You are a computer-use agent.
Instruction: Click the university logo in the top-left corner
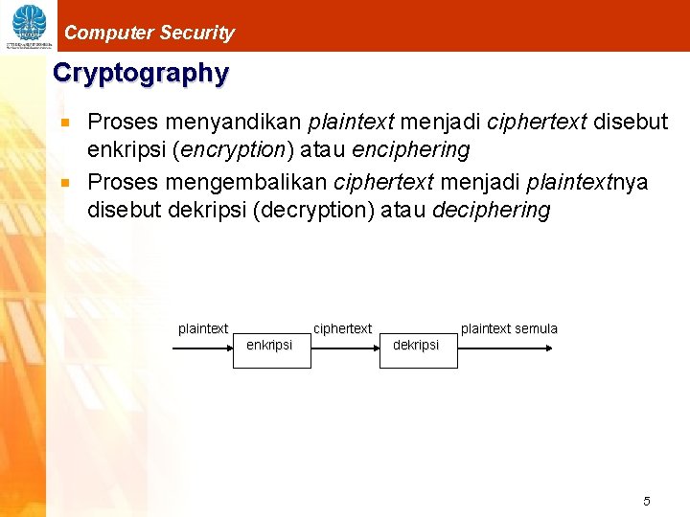coord(28,26)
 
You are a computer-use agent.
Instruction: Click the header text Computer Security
coord(149,33)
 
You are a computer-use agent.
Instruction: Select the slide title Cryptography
coord(141,74)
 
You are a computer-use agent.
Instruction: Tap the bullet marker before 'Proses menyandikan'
coord(66,123)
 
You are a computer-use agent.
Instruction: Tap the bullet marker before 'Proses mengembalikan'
coord(66,183)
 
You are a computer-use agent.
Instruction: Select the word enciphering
coord(413,150)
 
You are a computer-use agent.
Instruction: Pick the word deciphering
coord(492,210)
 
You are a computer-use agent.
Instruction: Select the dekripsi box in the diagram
coord(416,345)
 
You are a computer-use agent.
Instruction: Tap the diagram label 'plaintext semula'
coord(509,328)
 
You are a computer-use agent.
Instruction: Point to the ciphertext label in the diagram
coord(342,328)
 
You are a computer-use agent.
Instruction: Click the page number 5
coord(647,501)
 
